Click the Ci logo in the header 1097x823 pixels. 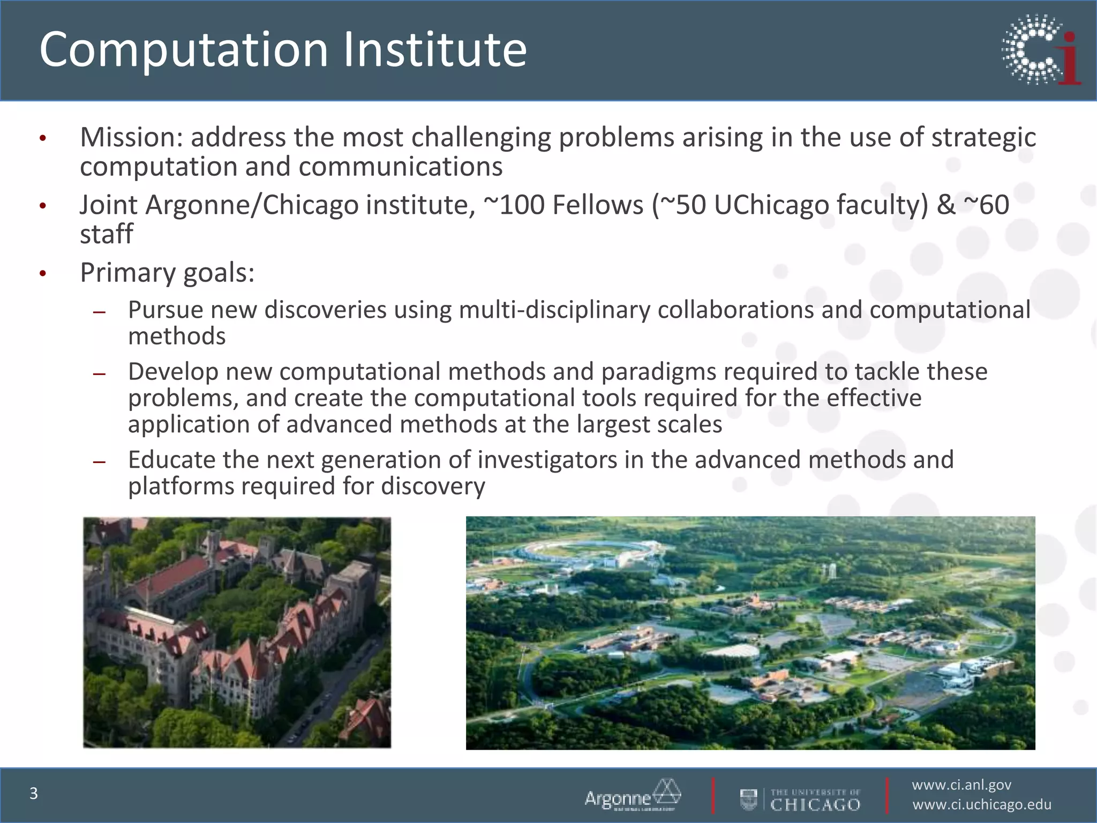[1041, 50]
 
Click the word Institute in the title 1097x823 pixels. [434, 49]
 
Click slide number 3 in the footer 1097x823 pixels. [34, 794]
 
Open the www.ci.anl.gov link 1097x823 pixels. [961, 785]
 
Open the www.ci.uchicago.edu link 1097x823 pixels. [981, 805]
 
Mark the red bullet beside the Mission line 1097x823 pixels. [43, 139]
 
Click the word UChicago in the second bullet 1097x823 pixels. [771, 205]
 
